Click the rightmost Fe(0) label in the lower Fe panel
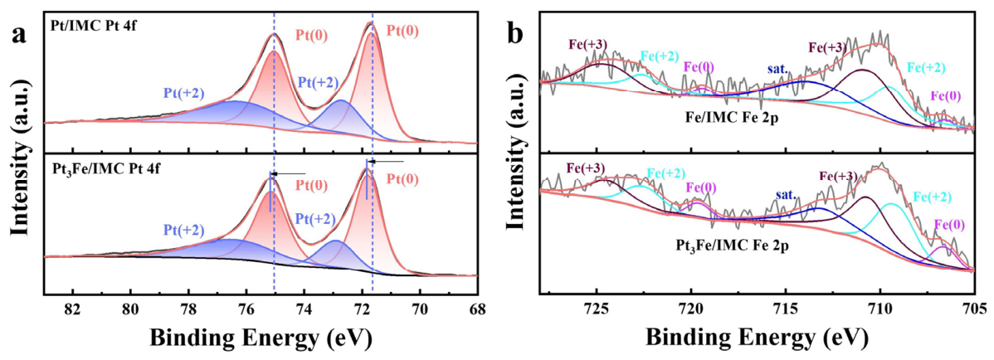click(x=949, y=224)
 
